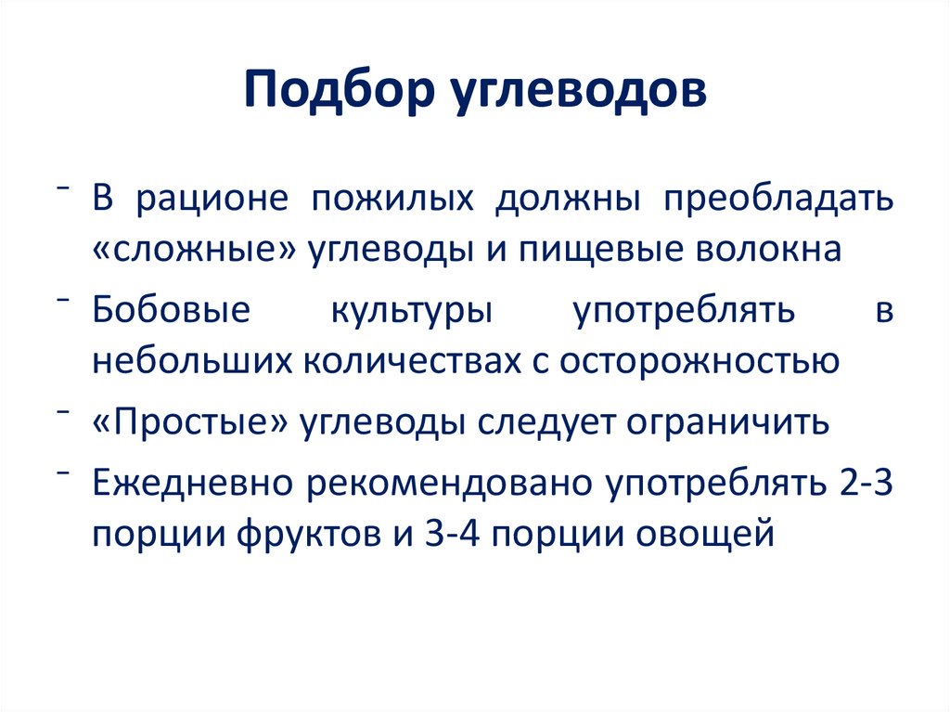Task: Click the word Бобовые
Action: point(171,311)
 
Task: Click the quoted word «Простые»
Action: point(191,423)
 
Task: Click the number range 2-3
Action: point(862,485)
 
